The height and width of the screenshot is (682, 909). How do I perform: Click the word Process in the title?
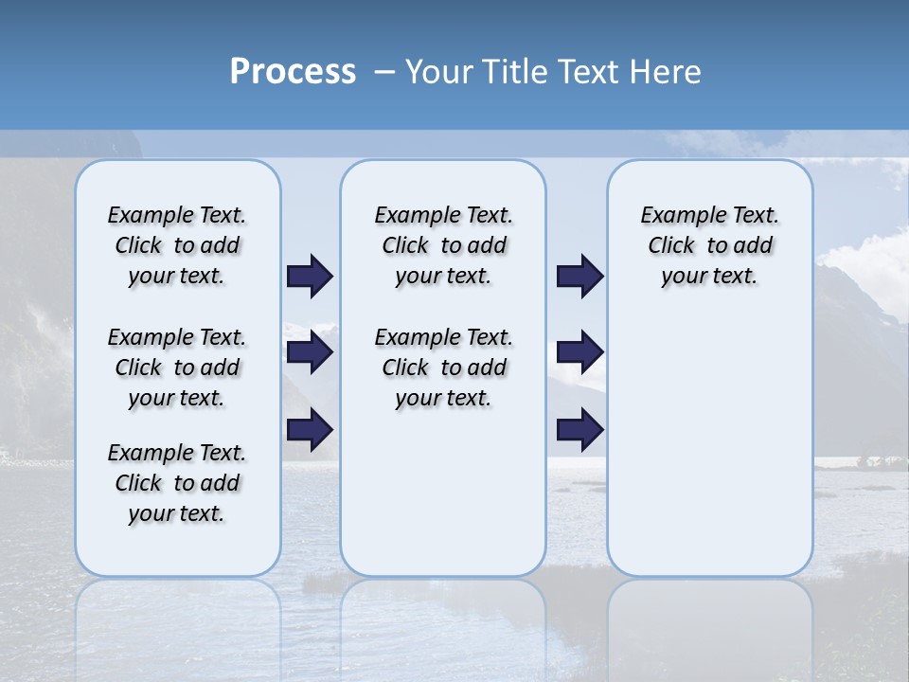293,72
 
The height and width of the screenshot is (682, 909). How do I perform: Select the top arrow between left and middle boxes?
310,277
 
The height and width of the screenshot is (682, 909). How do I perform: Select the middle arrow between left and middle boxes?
310,353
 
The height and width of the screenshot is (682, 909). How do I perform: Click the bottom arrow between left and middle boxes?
310,429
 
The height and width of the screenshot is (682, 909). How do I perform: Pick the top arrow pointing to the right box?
579,277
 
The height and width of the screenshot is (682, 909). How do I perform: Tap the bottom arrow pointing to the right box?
579,429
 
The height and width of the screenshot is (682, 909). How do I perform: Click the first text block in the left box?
177,245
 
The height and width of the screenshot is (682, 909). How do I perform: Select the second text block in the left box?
177,368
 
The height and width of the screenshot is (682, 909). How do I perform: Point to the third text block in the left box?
177,483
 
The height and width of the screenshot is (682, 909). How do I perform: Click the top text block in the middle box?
443,245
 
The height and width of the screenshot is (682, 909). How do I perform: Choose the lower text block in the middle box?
443,368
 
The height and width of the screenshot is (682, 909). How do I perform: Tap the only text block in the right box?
709,245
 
